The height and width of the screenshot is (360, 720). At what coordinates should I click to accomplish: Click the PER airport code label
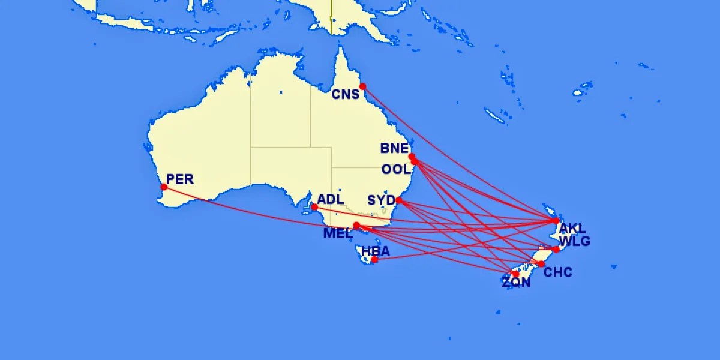180,179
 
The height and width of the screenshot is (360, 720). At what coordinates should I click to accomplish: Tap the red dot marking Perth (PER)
164,187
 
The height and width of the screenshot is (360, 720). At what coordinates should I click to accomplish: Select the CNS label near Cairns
346,94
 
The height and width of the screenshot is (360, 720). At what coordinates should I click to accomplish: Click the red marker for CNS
363,86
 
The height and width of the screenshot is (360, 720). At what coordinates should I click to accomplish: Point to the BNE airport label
394,148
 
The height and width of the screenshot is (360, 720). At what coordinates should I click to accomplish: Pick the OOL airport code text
396,169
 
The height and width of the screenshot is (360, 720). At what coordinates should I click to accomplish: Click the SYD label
381,200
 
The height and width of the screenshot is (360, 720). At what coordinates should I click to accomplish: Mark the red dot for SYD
398,200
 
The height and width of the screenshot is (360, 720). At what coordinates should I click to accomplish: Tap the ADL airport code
331,199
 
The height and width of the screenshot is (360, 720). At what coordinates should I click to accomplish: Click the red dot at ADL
314,207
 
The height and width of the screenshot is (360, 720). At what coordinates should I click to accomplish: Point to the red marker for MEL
356,226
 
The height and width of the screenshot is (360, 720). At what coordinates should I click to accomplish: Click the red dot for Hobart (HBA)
374,260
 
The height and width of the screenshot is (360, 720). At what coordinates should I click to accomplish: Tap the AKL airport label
572,229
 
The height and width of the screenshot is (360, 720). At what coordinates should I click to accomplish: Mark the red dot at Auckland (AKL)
556,221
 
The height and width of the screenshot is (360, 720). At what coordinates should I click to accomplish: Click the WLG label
574,241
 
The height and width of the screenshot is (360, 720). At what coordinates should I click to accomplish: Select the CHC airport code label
558,272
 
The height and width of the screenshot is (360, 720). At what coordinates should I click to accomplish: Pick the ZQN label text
517,283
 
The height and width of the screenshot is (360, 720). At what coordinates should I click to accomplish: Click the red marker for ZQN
515,274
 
